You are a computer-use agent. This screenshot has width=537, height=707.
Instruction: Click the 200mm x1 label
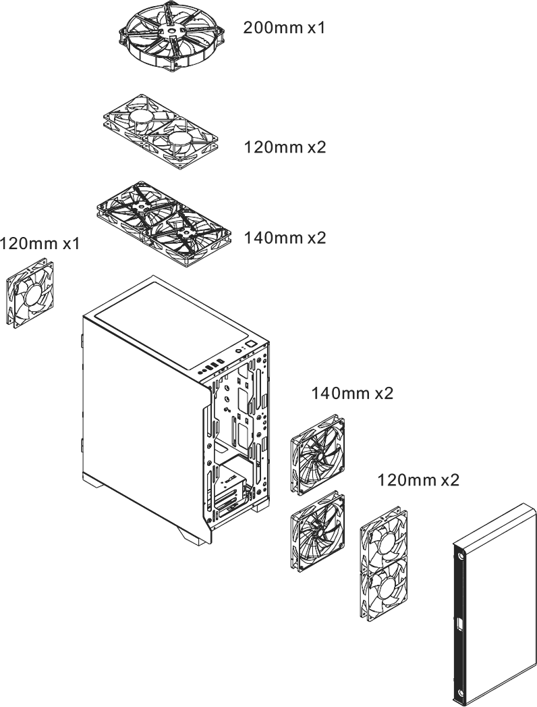[x=284, y=28]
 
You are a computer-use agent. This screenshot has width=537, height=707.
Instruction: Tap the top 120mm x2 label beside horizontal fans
[x=285, y=147]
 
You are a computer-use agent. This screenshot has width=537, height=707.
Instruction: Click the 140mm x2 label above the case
[x=285, y=238]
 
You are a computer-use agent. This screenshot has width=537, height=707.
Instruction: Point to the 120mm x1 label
[x=40, y=244]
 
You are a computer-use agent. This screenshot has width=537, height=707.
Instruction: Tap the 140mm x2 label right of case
[x=352, y=393]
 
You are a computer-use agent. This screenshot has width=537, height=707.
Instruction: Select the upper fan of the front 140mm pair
[x=318, y=455]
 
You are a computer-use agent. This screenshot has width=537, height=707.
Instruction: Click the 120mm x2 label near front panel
[x=418, y=479]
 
